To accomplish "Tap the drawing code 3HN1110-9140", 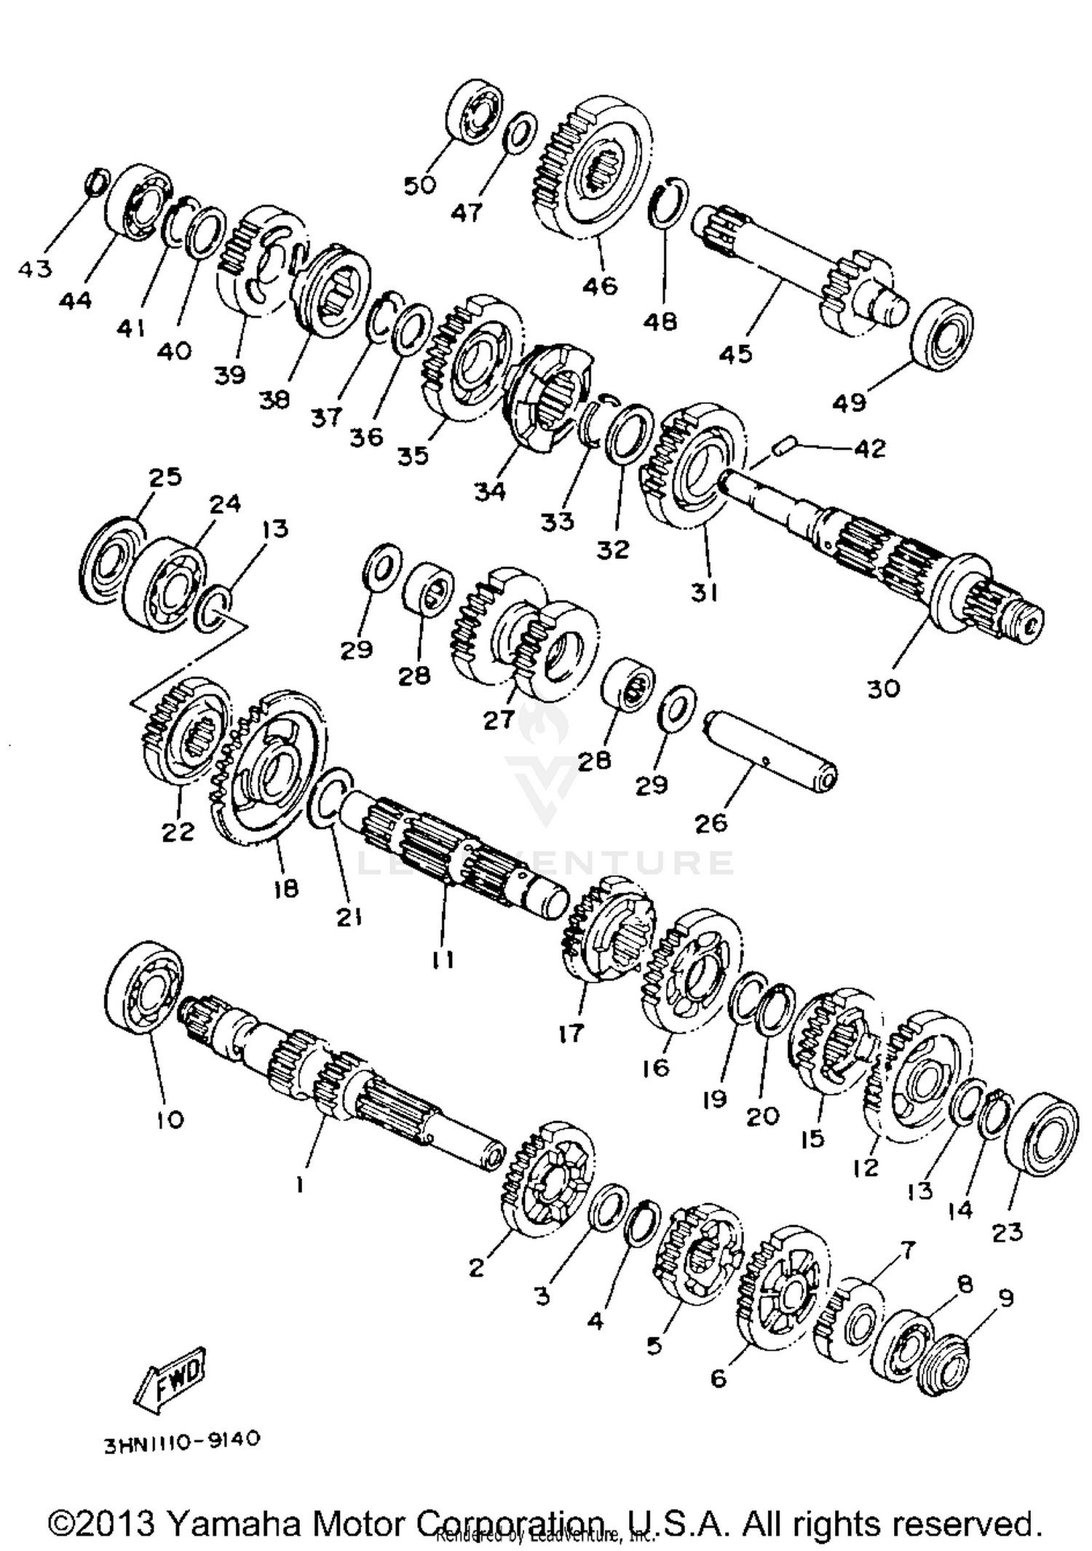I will (x=181, y=1441).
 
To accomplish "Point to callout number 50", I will (x=420, y=186).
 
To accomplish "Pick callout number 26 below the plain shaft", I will (x=711, y=823).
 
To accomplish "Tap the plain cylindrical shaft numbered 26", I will (x=772, y=755).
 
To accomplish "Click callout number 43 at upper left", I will (x=35, y=269).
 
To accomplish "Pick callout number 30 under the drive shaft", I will (x=883, y=688).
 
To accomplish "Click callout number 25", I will (x=165, y=477).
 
